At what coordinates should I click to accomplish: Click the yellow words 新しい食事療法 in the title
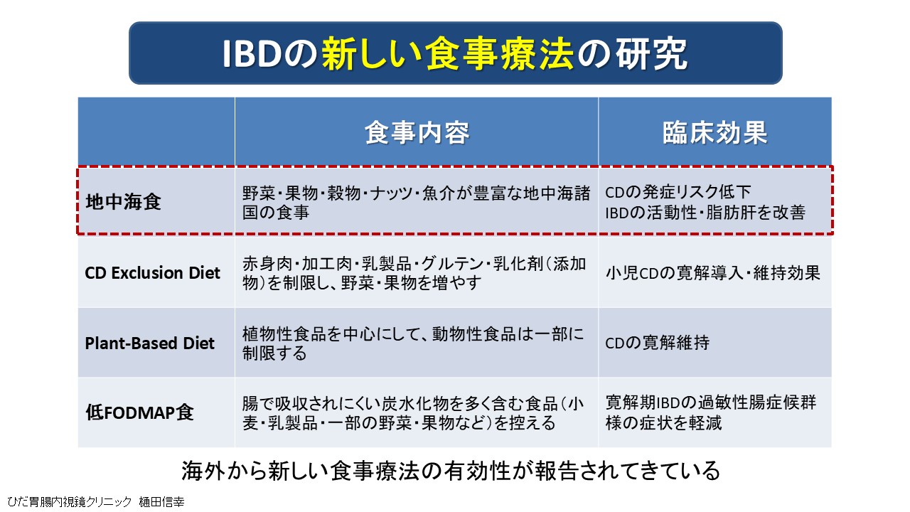(x=447, y=54)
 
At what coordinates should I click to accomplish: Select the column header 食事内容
(x=417, y=132)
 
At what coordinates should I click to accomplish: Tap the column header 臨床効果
(x=715, y=132)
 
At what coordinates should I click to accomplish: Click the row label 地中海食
(x=123, y=201)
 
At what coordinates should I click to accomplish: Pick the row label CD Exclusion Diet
(x=152, y=272)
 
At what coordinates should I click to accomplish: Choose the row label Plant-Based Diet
(x=149, y=343)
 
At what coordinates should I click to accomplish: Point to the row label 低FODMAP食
(x=139, y=412)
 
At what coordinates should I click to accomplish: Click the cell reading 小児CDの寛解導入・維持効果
(x=713, y=272)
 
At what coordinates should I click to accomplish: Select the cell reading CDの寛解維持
(x=658, y=343)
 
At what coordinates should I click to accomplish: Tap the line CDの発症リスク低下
(x=678, y=192)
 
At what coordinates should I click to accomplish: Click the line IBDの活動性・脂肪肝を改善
(x=705, y=213)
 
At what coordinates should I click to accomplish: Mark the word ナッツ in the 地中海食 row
(x=391, y=193)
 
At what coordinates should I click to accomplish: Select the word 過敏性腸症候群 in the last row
(x=757, y=402)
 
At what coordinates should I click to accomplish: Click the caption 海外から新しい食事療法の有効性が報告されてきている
(x=451, y=471)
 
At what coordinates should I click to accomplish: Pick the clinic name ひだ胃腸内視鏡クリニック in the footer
(x=70, y=502)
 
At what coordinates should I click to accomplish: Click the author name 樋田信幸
(x=161, y=502)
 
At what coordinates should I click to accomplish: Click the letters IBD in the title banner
(x=252, y=54)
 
